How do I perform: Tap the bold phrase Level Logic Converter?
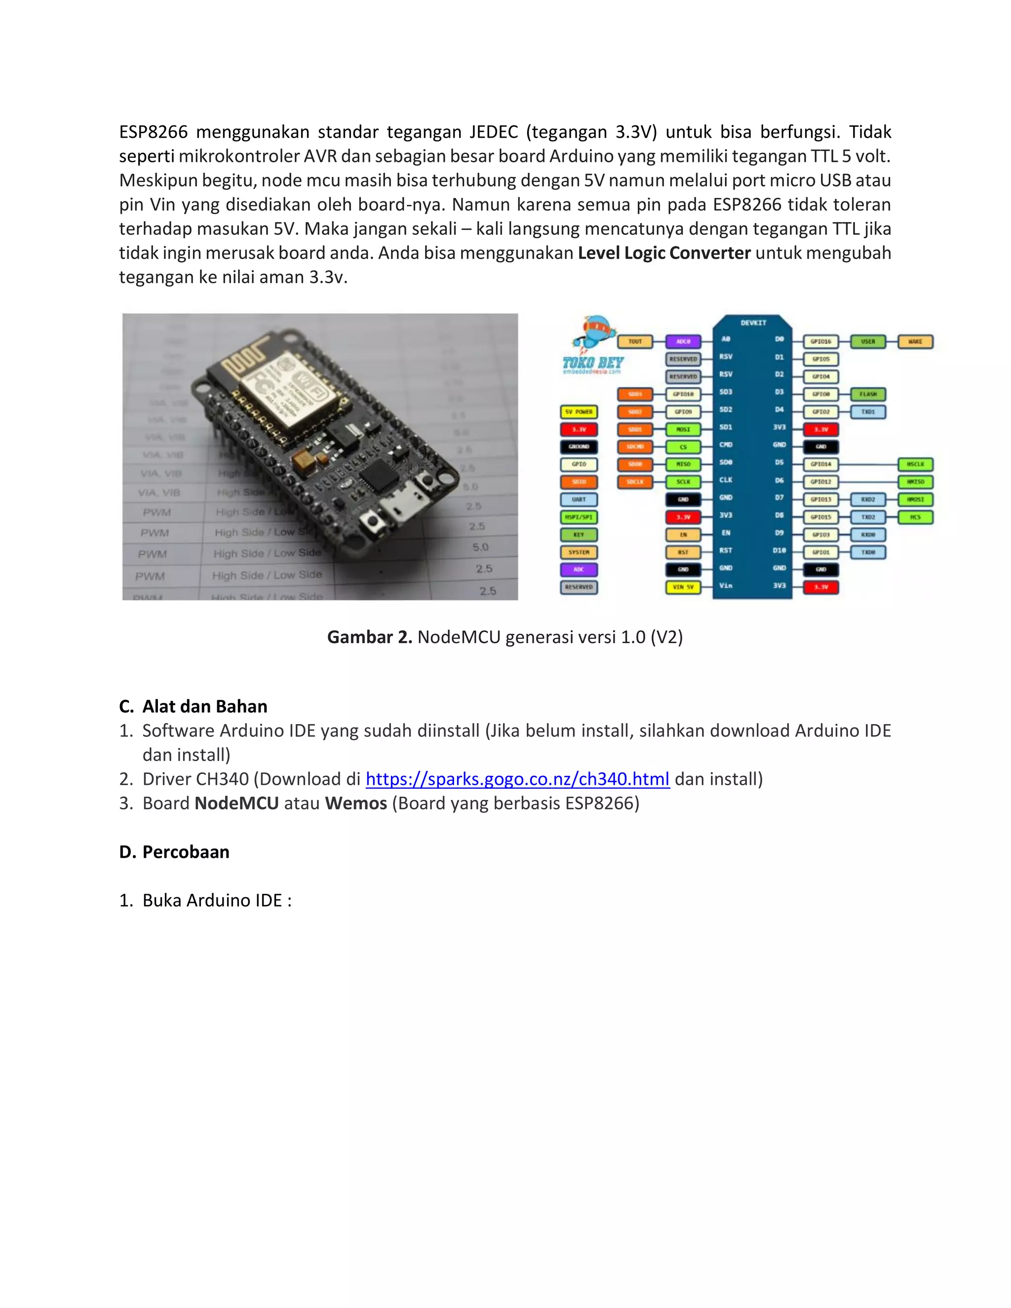pyautogui.click(x=663, y=253)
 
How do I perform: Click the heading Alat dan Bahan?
pyautogui.click(x=204, y=706)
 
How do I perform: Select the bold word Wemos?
pyautogui.click(x=356, y=803)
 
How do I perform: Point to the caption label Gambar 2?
pyautogui.click(x=369, y=637)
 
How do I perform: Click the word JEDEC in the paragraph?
pyautogui.click(x=494, y=132)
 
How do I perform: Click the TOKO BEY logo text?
pyautogui.click(x=592, y=362)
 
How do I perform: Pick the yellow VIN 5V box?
pyautogui.click(x=683, y=587)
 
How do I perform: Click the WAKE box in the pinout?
pyautogui.click(x=915, y=342)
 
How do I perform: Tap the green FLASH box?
pyautogui.click(x=868, y=394)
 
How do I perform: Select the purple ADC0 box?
pyautogui.click(x=683, y=342)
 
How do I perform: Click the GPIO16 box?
pyautogui.click(x=820, y=342)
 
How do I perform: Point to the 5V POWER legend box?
pyautogui.click(x=579, y=412)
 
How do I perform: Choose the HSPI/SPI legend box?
pyautogui.click(x=579, y=517)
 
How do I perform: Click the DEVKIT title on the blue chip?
pyautogui.click(x=753, y=323)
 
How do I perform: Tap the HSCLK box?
pyautogui.click(x=915, y=464)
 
